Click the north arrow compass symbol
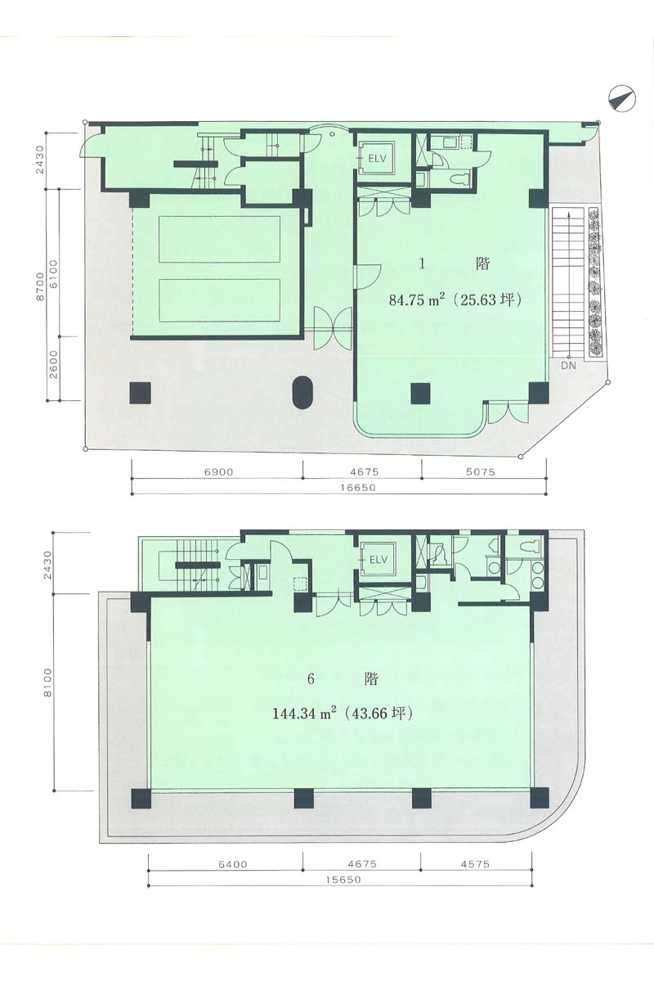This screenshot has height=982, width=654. [x=622, y=98]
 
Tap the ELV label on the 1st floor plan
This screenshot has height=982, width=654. [x=377, y=159]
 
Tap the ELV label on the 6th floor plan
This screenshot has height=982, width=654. [x=379, y=560]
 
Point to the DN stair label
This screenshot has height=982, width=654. [x=568, y=365]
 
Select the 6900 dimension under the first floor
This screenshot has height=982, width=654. [x=218, y=472]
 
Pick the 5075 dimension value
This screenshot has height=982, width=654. [x=481, y=472]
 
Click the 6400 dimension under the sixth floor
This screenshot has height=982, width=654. [x=233, y=864]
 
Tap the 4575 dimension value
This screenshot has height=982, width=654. [x=475, y=864]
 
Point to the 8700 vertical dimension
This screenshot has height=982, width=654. [x=40, y=286]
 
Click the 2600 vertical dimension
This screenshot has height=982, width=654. [x=52, y=365]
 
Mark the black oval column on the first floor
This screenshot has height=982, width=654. [x=302, y=393]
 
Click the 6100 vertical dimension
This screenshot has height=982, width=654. [x=52, y=274]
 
